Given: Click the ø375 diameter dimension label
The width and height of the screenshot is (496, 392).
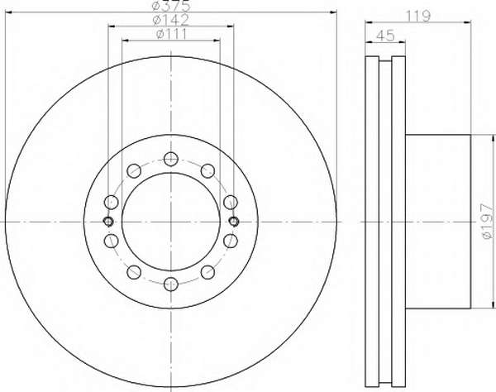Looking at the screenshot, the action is click(x=171, y=5).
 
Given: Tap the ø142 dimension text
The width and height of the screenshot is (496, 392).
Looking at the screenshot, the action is click(x=170, y=20).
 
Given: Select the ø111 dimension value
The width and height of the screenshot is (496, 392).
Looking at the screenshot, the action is click(x=171, y=34).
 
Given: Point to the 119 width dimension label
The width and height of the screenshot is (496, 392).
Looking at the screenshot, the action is click(x=418, y=16).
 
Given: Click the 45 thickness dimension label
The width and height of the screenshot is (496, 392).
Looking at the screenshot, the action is click(x=385, y=35).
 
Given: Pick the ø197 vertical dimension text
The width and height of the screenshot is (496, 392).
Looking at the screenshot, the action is click(x=487, y=221).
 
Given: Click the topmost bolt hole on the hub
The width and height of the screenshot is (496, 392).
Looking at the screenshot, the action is click(x=171, y=159).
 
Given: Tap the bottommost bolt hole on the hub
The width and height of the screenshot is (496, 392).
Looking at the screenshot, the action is click(x=171, y=284).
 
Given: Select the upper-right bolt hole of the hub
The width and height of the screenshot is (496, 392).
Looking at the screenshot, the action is click(x=207, y=171).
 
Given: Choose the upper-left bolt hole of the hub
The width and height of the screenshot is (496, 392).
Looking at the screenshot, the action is click(x=134, y=171).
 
